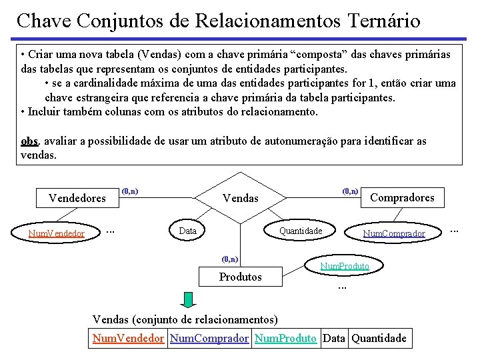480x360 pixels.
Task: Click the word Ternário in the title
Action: point(384,21)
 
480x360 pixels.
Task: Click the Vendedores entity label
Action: point(77,198)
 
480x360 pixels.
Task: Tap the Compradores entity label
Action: point(402,197)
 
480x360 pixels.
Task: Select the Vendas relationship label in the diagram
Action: point(240,199)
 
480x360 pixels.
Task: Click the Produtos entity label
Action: point(241,277)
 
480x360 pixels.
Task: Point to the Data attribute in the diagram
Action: point(188,231)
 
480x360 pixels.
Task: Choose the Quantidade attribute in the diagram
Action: point(301,231)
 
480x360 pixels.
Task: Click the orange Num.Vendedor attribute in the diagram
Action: point(56,233)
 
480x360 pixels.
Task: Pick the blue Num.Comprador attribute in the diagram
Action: point(393,233)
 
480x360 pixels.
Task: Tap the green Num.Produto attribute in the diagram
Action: point(345,266)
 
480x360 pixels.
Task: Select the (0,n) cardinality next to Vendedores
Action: point(130,191)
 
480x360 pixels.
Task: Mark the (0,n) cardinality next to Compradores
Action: point(350,191)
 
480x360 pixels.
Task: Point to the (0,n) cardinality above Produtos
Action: point(229,259)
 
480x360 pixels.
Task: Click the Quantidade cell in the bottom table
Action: point(379,338)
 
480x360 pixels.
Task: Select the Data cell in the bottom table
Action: point(333,338)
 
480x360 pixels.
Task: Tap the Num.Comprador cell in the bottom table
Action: point(209,338)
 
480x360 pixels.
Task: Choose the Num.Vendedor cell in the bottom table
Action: point(128,338)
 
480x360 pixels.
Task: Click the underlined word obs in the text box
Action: point(29,141)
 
